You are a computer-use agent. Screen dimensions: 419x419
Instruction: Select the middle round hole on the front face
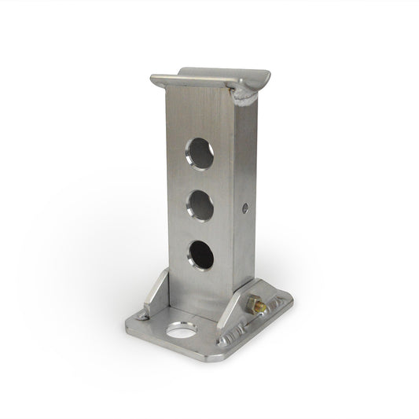(199, 204)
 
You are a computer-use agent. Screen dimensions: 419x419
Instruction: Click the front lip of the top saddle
(197, 83)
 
